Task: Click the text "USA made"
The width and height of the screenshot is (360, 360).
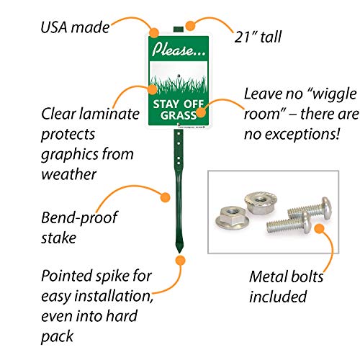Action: click(75, 27)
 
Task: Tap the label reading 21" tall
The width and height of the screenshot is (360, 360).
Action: click(258, 37)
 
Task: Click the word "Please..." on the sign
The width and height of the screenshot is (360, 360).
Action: click(179, 50)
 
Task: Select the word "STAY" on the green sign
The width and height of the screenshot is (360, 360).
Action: click(166, 104)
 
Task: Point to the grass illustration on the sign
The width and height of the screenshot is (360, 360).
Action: click(179, 84)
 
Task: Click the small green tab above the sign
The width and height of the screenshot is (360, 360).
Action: click(179, 30)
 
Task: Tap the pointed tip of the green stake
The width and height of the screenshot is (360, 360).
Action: click(179, 253)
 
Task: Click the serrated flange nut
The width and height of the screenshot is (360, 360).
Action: click(261, 202)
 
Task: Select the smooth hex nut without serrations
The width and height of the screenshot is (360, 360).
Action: click(231, 217)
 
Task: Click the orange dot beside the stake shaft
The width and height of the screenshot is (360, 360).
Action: click(165, 197)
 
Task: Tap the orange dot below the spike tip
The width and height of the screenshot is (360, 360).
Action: click(180, 261)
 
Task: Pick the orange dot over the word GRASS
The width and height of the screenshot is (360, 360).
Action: click(201, 112)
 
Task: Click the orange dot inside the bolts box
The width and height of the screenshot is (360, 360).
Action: click(319, 228)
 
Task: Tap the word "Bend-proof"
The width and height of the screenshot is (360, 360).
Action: click(79, 218)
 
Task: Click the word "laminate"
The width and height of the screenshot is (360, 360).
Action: click(109, 114)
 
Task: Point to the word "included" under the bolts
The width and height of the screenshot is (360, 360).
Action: click(278, 297)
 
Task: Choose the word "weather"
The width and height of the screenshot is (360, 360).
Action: click(69, 174)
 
